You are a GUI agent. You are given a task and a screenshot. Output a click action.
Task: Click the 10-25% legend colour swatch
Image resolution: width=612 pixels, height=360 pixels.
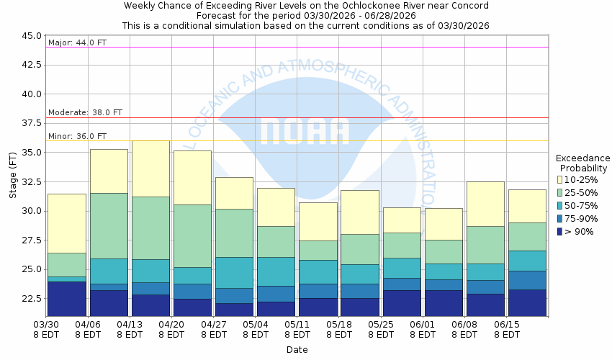click(560, 179)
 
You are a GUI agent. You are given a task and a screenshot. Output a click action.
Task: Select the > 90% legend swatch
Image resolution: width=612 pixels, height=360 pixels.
click(560, 231)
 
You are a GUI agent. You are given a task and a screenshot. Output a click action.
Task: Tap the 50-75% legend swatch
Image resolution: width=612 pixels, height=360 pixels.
click(560, 205)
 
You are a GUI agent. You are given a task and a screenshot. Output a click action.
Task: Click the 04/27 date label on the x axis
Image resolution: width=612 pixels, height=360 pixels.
click(214, 325)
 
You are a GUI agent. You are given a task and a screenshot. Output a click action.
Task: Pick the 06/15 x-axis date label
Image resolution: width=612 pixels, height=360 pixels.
click(507, 325)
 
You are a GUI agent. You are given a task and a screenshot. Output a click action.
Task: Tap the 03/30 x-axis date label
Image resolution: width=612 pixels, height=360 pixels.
click(47, 325)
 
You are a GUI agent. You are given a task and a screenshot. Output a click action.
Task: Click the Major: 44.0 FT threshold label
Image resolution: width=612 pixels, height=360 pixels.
click(77, 42)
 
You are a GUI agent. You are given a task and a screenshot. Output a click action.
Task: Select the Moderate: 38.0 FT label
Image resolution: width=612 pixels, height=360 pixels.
click(85, 112)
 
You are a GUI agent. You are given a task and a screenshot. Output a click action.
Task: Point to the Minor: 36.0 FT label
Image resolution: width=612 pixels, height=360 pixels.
click(77, 136)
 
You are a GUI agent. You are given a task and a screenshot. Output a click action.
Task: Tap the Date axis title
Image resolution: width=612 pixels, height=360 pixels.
click(297, 350)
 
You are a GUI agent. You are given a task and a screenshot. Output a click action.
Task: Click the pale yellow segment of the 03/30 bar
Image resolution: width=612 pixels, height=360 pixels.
click(66, 223)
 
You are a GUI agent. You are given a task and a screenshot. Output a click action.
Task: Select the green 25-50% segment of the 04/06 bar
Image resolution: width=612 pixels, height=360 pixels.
click(109, 225)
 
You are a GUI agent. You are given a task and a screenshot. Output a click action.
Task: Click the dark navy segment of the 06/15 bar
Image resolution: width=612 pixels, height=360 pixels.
click(527, 303)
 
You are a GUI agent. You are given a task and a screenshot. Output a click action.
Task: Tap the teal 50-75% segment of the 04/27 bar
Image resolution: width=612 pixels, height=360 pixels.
click(234, 272)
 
